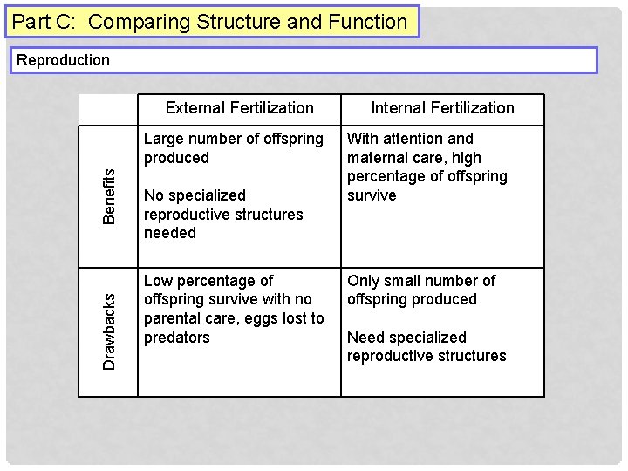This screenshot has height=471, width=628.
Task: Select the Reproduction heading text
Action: coord(64,60)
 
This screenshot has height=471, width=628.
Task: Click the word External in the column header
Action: coord(194,108)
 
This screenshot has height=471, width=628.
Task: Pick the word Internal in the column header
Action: coord(399,108)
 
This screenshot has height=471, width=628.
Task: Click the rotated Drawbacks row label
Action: coord(109,331)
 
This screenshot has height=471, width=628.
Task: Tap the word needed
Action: coord(170,233)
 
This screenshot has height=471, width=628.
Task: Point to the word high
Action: coord(467,158)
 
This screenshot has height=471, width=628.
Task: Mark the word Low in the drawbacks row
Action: coord(158,281)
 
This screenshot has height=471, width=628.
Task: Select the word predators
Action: coord(176,338)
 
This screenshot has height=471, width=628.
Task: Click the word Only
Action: coord(363,281)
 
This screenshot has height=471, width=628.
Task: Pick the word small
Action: coord(402,281)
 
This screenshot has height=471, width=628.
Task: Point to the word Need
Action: coord(365,338)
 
